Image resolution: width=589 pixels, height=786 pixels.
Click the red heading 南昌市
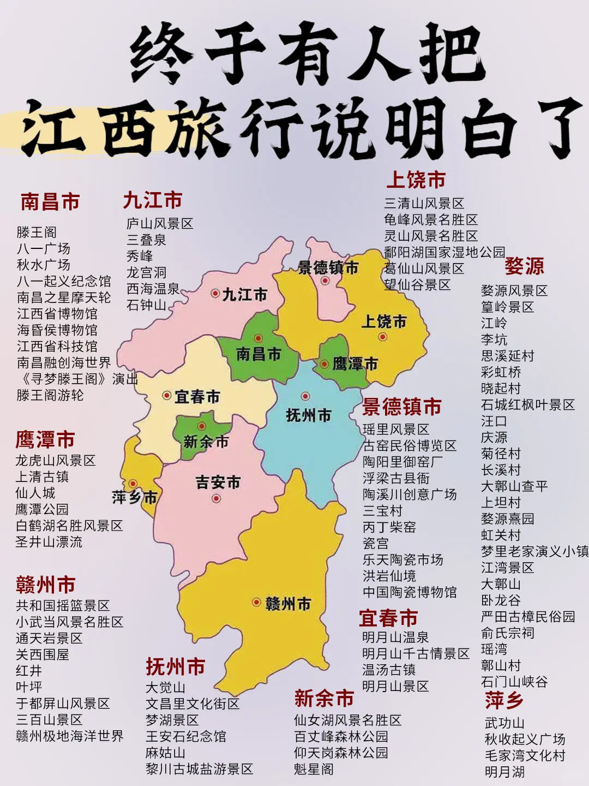click(50, 202)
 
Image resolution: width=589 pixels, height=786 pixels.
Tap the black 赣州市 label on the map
click(288, 604)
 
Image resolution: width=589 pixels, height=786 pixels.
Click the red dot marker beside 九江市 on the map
click(215, 293)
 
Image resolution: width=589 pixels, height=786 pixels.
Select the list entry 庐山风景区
click(160, 224)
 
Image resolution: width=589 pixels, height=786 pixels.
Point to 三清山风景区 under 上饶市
click(424, 204)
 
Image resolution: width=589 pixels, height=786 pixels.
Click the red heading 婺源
click(524, 266)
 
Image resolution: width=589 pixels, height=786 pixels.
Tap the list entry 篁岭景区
click(507, 307)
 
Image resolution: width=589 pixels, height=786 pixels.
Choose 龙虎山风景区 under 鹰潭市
click(56, 461)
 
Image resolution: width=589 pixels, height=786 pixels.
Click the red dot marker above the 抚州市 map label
click(305, 396)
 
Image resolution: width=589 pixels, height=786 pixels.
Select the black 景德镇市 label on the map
click(328, 267)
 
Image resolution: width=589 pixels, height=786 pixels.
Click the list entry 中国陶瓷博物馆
click(410, 592)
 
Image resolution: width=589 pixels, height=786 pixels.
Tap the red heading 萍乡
click(504, 700)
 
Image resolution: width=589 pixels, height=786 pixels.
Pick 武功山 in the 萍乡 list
click(504, 723)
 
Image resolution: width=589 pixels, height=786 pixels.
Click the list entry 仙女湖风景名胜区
click(348, 720)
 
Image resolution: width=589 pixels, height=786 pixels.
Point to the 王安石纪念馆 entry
click(186, 736)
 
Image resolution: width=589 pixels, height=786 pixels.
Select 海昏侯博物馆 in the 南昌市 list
click(57, 330)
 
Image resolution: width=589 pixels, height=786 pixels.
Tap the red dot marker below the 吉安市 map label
click(217, 498)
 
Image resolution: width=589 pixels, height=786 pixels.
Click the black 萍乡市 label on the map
click(135, 497)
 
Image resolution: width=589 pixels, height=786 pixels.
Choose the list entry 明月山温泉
click(395, 638)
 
